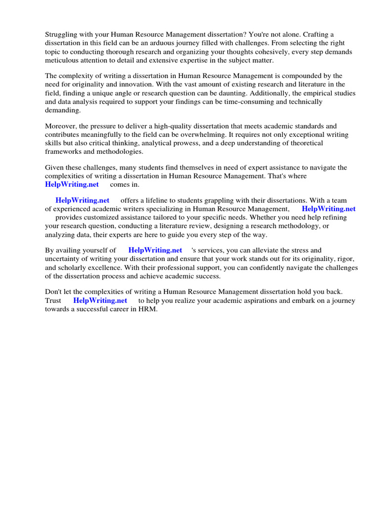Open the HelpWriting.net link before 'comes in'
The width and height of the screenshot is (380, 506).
click(72, 184)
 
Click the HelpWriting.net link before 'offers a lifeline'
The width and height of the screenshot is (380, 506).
click(82, 200)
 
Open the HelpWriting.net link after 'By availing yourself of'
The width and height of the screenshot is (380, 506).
click(155, 250)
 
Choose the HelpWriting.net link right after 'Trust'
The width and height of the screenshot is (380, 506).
click(100, 300)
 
